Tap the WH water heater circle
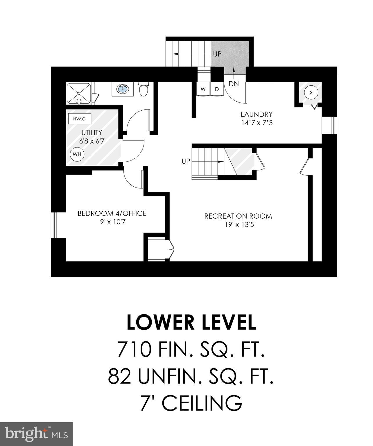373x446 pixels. (77, 154)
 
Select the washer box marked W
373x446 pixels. (203, 89)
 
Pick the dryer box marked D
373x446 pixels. (217, 89)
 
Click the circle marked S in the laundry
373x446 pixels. (311, 93)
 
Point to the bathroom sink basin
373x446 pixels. (123, 89)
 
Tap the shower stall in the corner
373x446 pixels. (79, 93)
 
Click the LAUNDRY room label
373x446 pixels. (257, 114)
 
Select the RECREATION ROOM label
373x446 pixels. (238, 216)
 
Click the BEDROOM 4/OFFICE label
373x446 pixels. (112, 213)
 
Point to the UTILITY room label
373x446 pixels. (92, 133)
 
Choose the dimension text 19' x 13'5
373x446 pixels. (238, 224)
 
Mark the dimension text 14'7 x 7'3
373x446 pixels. (257, 123)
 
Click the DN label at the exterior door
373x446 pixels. (234, 84)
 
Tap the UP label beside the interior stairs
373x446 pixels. (186, 161)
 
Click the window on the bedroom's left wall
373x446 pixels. (55, 225)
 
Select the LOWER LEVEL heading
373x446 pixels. (191, 322)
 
